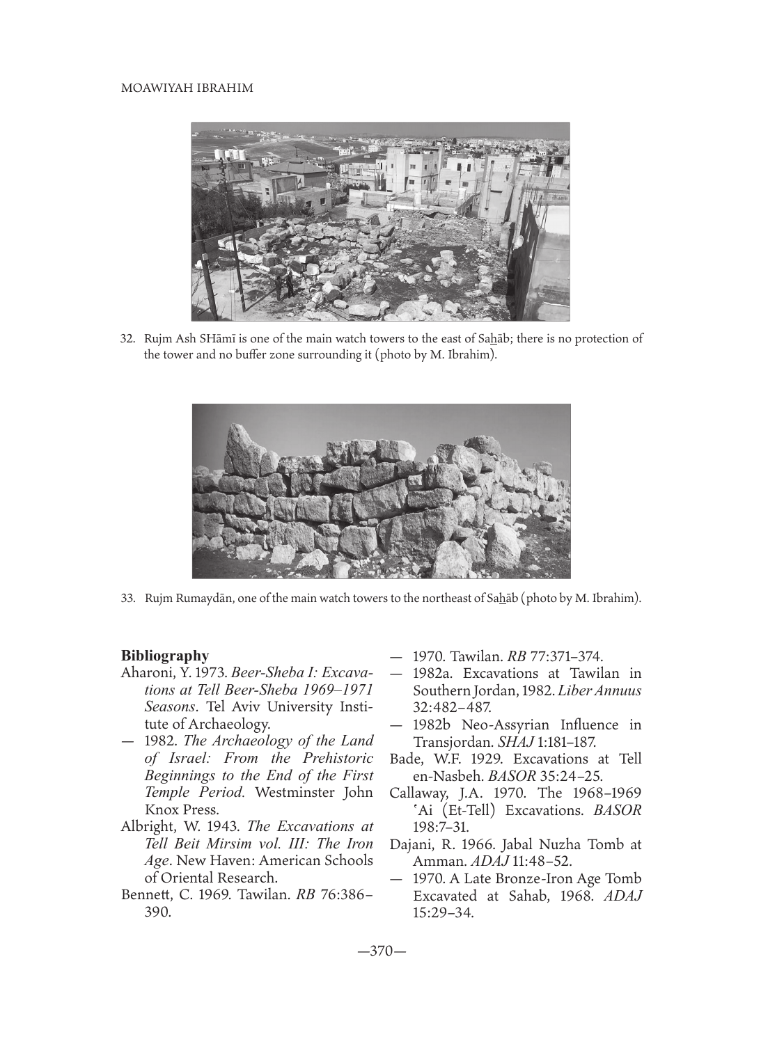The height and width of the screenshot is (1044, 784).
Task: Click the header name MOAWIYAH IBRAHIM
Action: tap(187, 89)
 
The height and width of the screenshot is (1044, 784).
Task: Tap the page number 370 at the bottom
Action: tap(382, 951)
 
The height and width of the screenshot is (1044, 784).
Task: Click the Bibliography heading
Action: tap(165, 656)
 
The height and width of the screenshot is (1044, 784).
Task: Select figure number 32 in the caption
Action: tap(127, 340)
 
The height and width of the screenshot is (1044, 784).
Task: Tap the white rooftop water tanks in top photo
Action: tap(229, 155)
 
